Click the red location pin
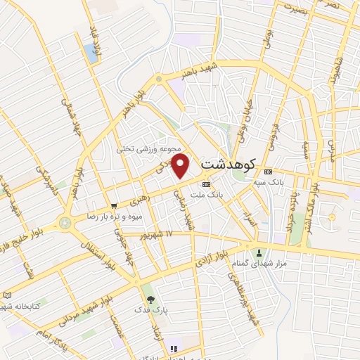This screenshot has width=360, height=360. click(181, 167)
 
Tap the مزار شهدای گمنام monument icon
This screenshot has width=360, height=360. click(259, 253)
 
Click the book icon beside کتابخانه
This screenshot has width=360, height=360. click(8, 295)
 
